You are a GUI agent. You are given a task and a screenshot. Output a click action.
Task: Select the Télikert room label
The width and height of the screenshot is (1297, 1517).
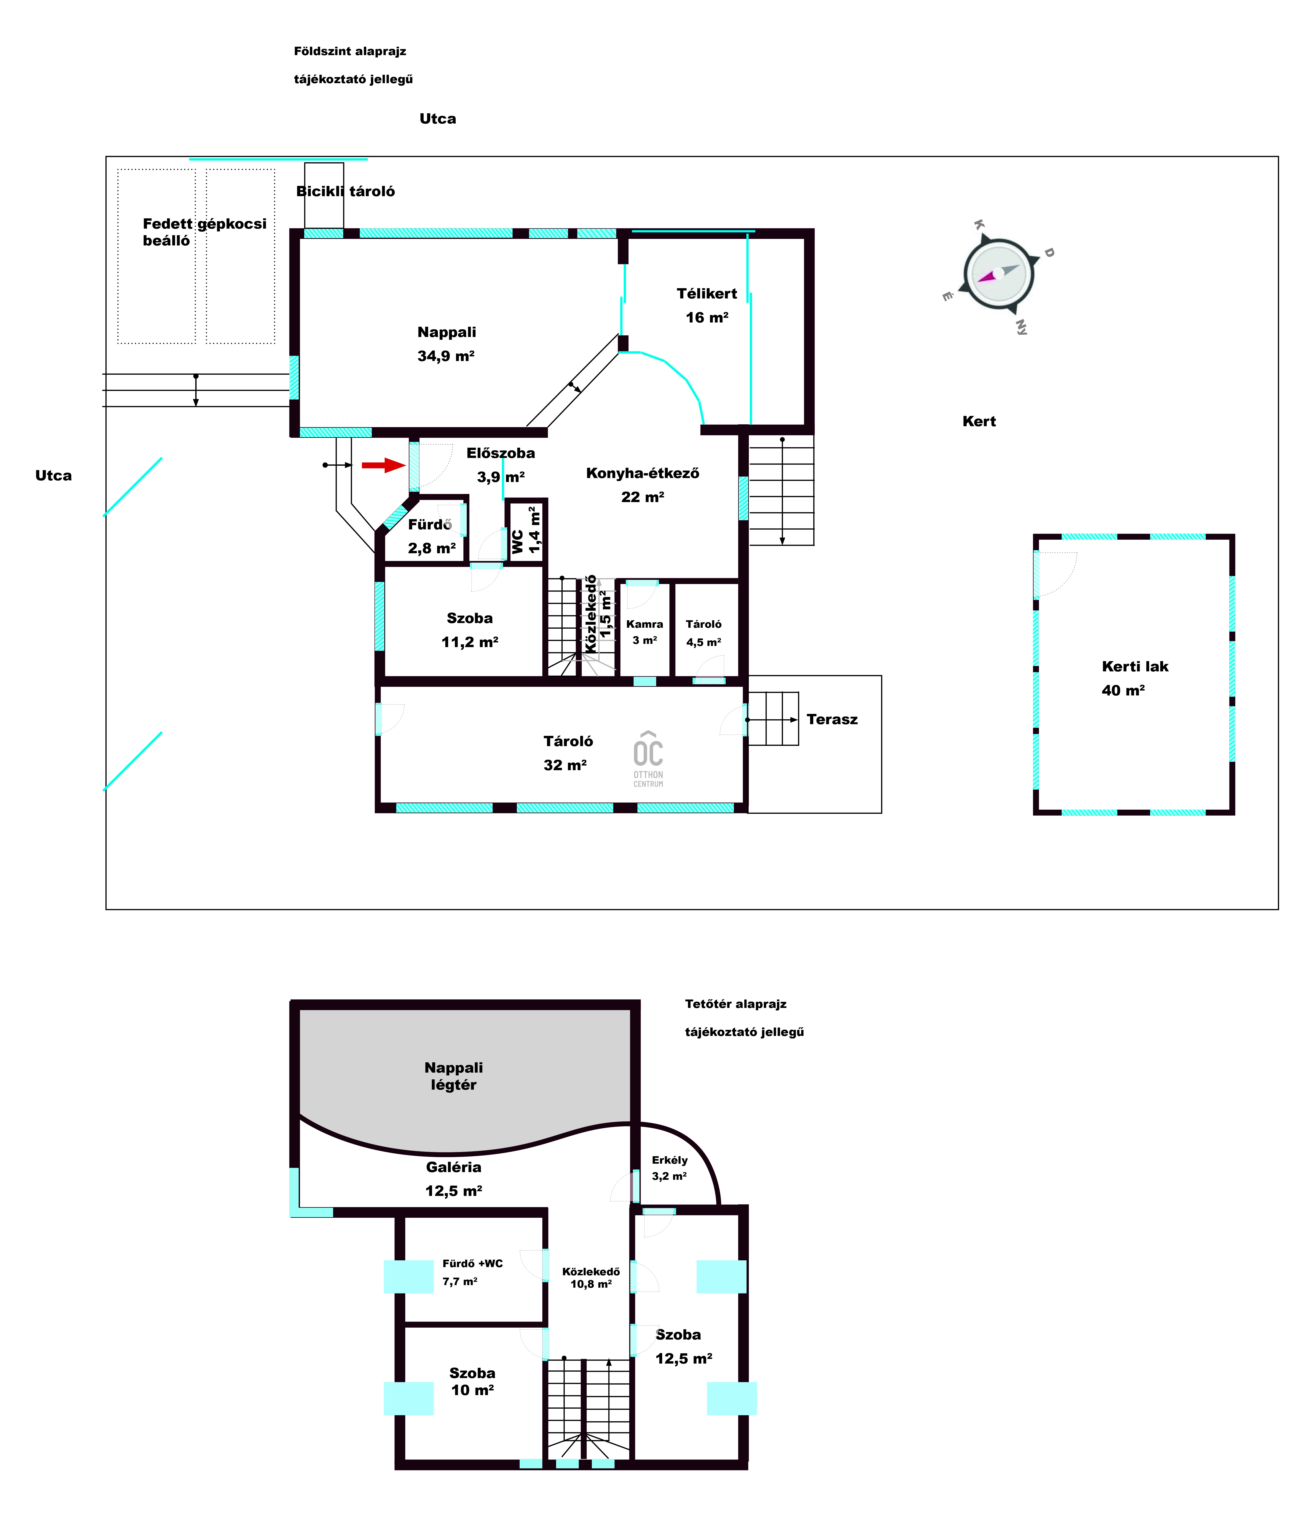click(707, 294)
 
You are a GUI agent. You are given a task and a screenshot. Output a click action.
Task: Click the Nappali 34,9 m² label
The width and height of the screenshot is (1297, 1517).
click(446, 343)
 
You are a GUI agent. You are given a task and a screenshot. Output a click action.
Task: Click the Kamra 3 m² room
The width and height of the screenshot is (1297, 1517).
click(644, 630)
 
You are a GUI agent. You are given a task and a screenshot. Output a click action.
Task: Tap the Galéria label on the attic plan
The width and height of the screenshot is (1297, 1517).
click(453, 1167)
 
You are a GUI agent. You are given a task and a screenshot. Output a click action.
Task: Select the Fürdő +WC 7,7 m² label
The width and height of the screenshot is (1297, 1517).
click(472, 1272)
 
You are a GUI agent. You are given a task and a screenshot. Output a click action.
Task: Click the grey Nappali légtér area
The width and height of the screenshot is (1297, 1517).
click(464, 1069)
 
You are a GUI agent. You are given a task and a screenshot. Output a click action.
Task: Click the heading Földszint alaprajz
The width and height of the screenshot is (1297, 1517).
click(350, 51)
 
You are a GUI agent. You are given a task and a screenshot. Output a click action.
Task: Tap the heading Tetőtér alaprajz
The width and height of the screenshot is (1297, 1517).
click(735, 1004)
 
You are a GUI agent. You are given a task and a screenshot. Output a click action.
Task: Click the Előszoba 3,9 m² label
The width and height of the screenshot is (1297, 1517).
click(501, 465)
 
